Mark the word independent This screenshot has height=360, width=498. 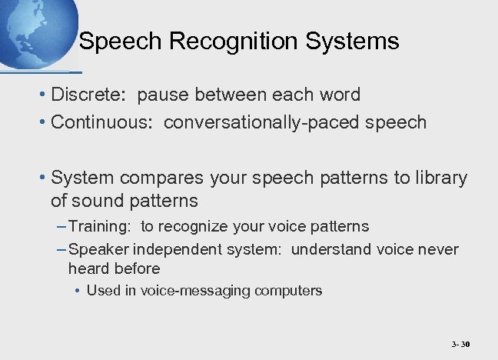click(166, 250)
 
